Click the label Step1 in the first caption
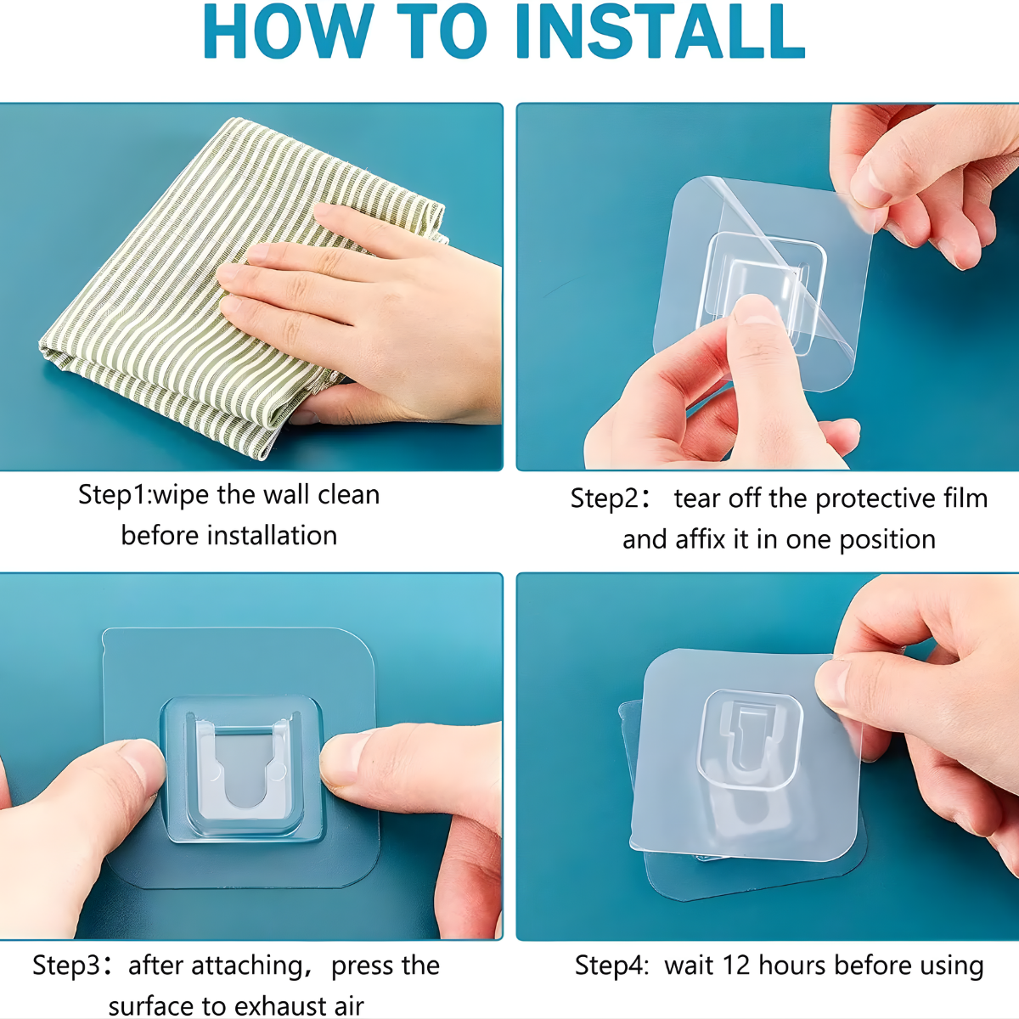[x=114, y=496]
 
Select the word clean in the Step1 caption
[x=348, y=495]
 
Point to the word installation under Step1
[x=273, y=536]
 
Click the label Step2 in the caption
[x=605, y=499]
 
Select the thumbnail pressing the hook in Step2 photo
[x=753, y=309]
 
